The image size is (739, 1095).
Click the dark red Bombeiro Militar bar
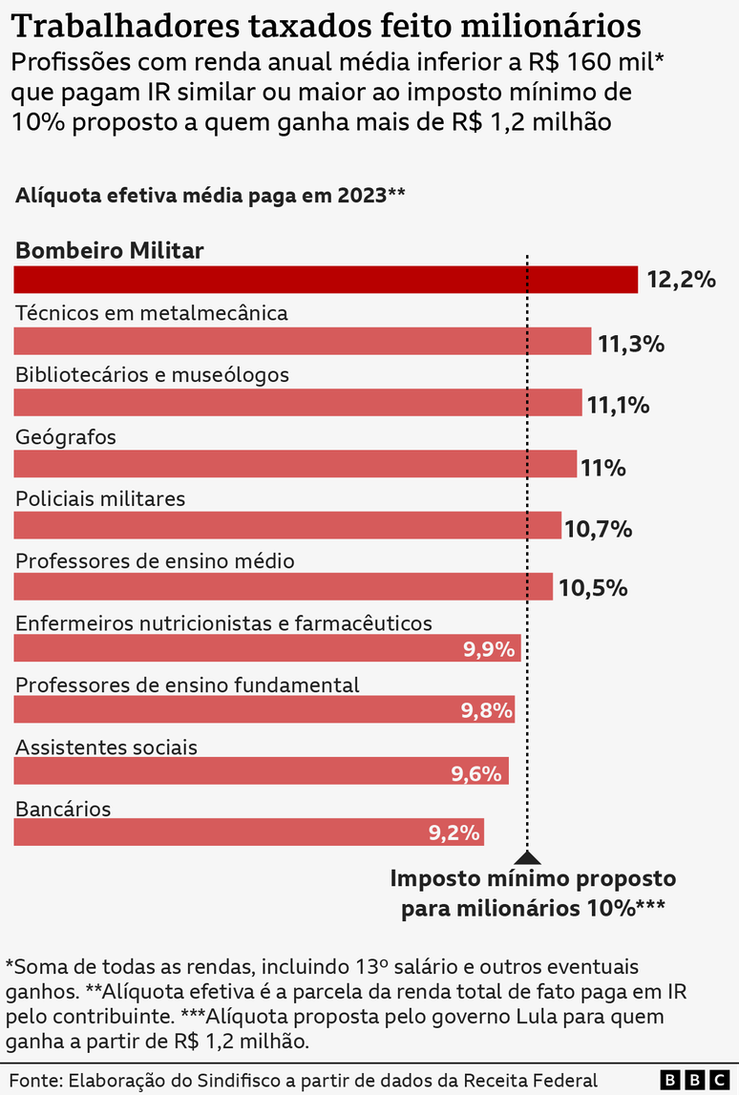(x=325, y=280)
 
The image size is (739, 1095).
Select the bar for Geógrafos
(x=295, y=464)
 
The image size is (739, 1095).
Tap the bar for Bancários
(x=248, y=832)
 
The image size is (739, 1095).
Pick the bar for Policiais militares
(x=287, y=525)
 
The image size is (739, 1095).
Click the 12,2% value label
(x=681, y=281)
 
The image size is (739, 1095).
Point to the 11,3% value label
(x=631, y=344)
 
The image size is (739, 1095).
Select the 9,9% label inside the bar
(x=490, y=650)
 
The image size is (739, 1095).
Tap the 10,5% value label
(x=593, y=588)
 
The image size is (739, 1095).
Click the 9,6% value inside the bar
(x=476, y=773)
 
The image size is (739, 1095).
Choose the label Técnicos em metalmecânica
(x=152, y=313)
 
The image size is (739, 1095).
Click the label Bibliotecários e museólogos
(x=152, y=375)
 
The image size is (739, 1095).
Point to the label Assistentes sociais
(x=107, y=747)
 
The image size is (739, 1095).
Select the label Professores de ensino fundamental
(x=187, y=684)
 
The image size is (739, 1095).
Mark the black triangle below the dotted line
(x=527, y=858)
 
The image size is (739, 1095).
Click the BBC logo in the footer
(x=693, y=1080)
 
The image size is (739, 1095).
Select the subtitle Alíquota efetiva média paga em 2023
(x=210, y=196)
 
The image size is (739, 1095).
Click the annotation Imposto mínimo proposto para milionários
(x=533, y=893)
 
